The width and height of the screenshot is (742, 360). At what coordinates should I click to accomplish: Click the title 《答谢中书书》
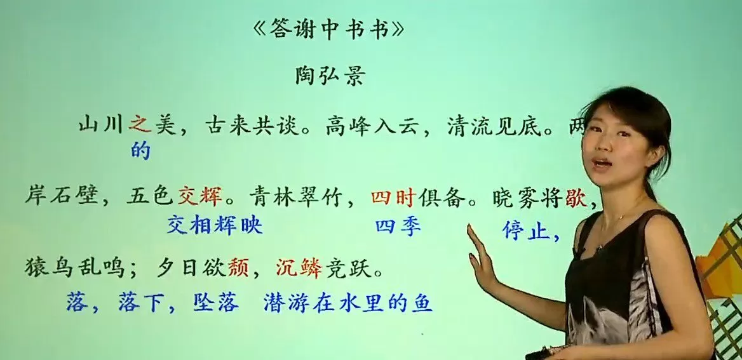pos(328,30)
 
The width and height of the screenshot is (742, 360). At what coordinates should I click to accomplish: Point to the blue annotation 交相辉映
pos(215,224)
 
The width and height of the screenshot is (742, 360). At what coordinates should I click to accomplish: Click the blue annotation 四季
pos(398,226)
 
